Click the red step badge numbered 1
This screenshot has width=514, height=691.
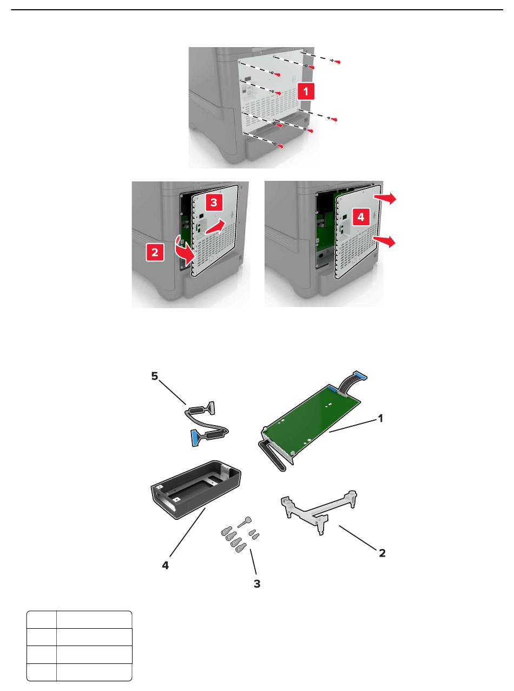pyautogui.click(x=305, y=92)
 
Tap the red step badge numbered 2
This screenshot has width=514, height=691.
pyautogui.click(x=155, y=252)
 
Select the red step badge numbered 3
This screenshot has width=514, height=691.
pyautogui.click(x=214, y=203)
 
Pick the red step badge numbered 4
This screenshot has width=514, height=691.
pyautogui.click(x=361, y=217)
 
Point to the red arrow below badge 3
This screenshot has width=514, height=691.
pyautogui.click(x=215, y=226)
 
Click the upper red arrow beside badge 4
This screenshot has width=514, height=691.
pyautogui.click(x=385, y=198)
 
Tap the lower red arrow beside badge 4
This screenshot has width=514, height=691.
pyautogui.click(x=385, y=242)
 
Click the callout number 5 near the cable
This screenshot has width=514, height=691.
pyautogui.click(x=155, y=376)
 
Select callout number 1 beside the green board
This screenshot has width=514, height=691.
pyautogui.click(x=380, y=419)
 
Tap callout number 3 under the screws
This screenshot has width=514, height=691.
pyautogui.click(x=257, y=584)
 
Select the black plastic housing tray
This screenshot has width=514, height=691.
pyautogui.click(x=195, y=490)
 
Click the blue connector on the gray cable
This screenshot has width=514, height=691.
pyautogui.click(x=194, y=438)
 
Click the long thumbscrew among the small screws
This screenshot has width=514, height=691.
pyautogui.click(x=244, y=522)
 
